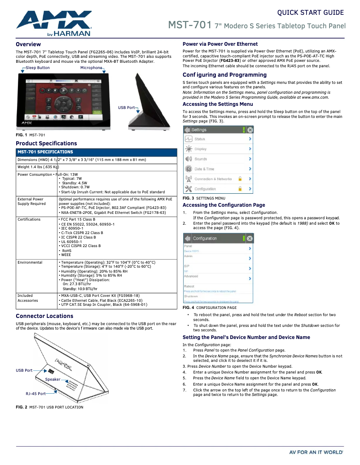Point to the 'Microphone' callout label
pos(91,68)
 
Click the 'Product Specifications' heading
pos(46,143)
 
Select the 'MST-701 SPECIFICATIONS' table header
pos(45,152)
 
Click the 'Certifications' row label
pos(29,219)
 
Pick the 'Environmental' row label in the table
pos(30,262)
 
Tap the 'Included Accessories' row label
pos(28,298)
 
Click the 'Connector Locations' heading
pos(44,316)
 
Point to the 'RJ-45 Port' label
pos(35,394)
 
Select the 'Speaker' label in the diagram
pos(53,379)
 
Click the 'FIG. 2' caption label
pos(21,407)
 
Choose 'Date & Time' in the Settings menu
pos(204,169)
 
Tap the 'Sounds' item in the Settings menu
pos(201,159)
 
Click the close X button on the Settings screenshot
pos(250,130)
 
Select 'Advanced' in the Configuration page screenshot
pos(191,276)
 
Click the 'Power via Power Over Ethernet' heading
pos(220,44)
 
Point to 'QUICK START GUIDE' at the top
pos(310,13)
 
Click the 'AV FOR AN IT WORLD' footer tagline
pos(316,452)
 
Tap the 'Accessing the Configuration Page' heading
pos(224,205)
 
